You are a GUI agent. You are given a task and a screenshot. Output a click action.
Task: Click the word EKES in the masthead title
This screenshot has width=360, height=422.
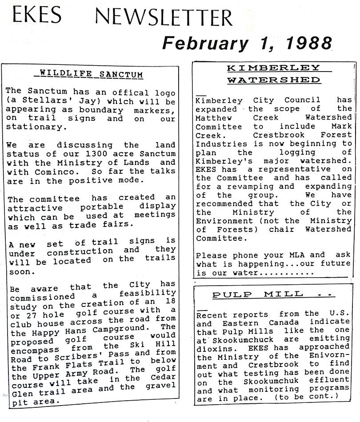[37, 16]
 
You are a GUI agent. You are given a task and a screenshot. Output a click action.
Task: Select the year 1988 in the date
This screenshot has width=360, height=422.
[308, 44]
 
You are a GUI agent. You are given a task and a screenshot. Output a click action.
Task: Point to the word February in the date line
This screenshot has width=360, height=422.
[204, 44]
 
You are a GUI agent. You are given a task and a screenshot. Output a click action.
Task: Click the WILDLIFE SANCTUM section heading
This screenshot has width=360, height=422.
[91, 73]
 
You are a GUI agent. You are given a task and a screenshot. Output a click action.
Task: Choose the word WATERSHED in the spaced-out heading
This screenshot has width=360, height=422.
[274, 80]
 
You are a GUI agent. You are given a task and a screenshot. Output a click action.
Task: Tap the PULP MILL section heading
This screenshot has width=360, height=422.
[265, 295]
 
